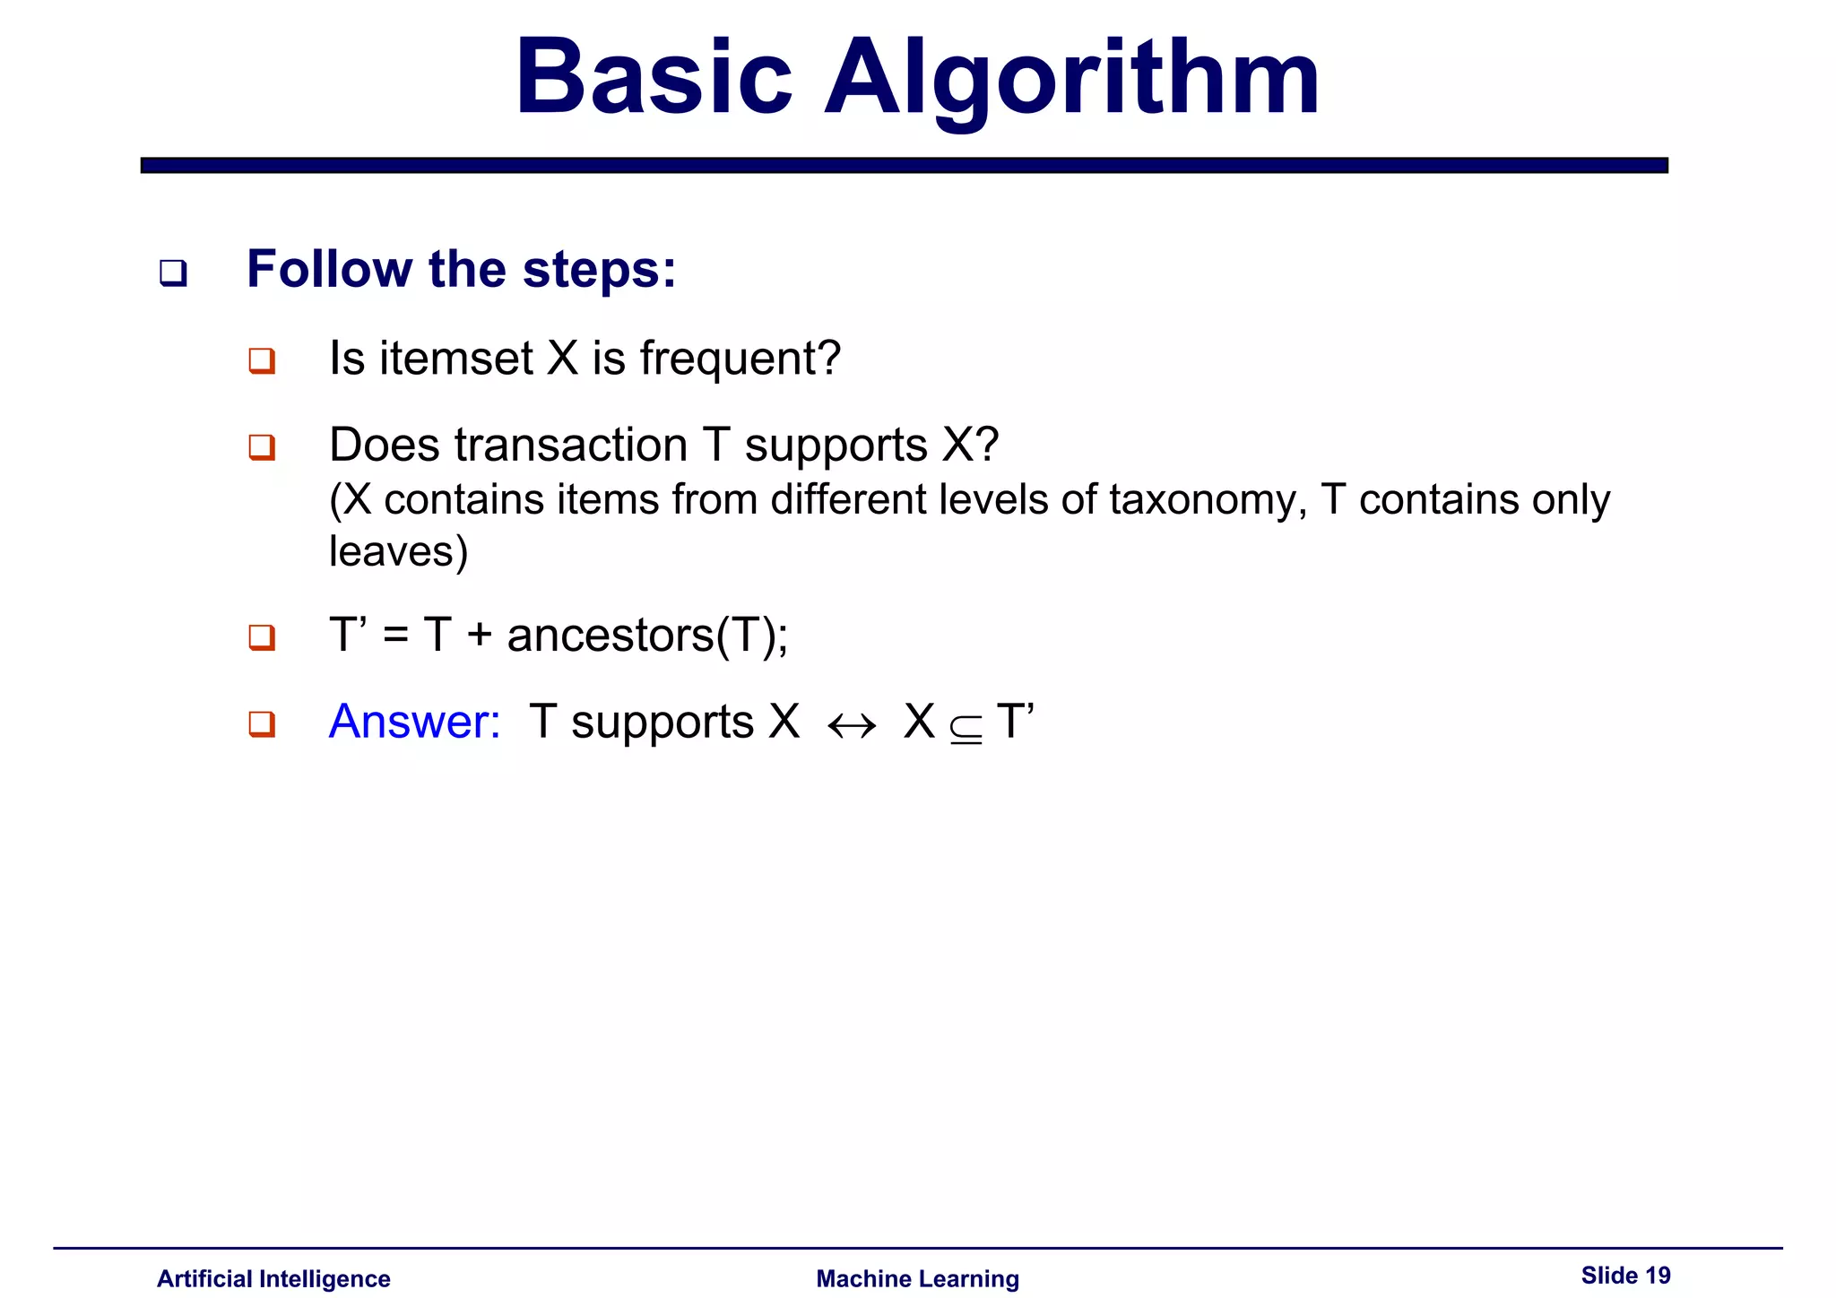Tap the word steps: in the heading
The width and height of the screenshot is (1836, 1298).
coord(599,269)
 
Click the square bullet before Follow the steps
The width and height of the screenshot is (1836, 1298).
coord(173,272)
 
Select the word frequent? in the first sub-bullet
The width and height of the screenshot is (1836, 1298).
coord(740,359)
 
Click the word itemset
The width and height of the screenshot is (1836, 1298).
coord(456,359)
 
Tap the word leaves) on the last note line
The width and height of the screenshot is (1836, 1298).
coord(398,551)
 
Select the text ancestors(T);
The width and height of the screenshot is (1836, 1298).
coord(647,636)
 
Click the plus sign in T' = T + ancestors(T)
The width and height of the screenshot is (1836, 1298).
coord(480,636)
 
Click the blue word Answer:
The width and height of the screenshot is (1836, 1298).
coord(414,722)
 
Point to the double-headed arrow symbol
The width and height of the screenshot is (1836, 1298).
coord(852,725)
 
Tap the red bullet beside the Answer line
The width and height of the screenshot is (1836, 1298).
coord(262,723)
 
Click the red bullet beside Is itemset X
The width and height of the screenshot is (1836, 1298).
coord(262,360)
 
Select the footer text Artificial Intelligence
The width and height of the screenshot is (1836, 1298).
coord(273,1278)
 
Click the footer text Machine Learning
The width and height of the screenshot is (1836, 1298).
coord(917,1278)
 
